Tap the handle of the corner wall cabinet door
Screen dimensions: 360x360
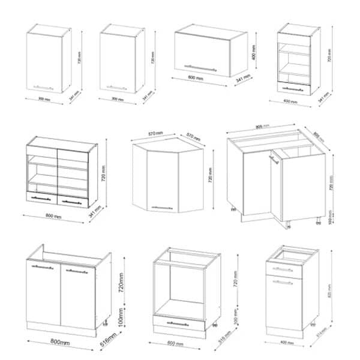point(163,208)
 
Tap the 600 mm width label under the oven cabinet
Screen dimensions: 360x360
point(175,344)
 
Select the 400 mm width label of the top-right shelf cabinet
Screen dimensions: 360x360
point(290,101)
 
